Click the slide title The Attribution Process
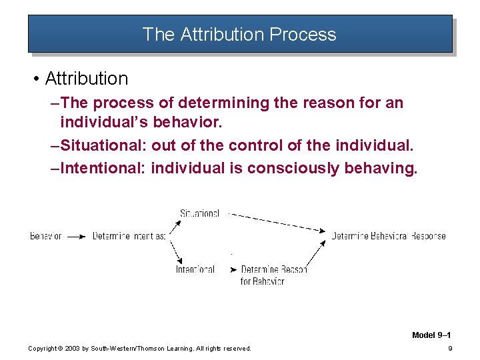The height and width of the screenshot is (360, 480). point(239,35)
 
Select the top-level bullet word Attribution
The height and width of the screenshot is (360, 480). point(86,79)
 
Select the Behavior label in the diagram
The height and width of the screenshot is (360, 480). point(46,236)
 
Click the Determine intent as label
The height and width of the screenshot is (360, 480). point(129,236)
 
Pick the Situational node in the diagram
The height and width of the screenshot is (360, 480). point(199,213)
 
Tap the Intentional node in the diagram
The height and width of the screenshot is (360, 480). point(195,269)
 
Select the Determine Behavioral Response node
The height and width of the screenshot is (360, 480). point(389,236)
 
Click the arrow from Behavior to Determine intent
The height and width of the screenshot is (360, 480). point(77,236)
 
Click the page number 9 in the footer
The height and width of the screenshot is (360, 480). point(451,348)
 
